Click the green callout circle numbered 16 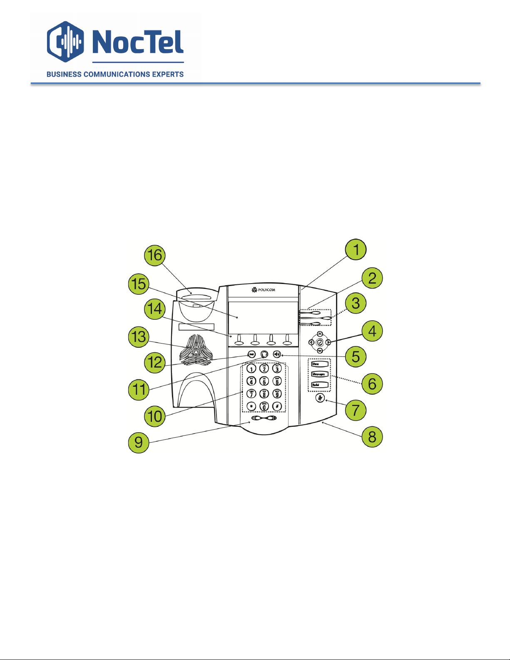(155, 255)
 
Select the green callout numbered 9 (139, 442)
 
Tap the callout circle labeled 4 (372, 331)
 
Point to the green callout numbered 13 (139, 336)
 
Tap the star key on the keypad (251, 406)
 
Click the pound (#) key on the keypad (277, 406)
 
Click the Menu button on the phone (320, 364)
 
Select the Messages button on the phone (320, 374)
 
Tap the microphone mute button (320, 398)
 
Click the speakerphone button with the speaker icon (277, 354)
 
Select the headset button (264, 354)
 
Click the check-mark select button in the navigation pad (320, 342)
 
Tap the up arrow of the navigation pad (320, 334)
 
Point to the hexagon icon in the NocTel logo (65, 41)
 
